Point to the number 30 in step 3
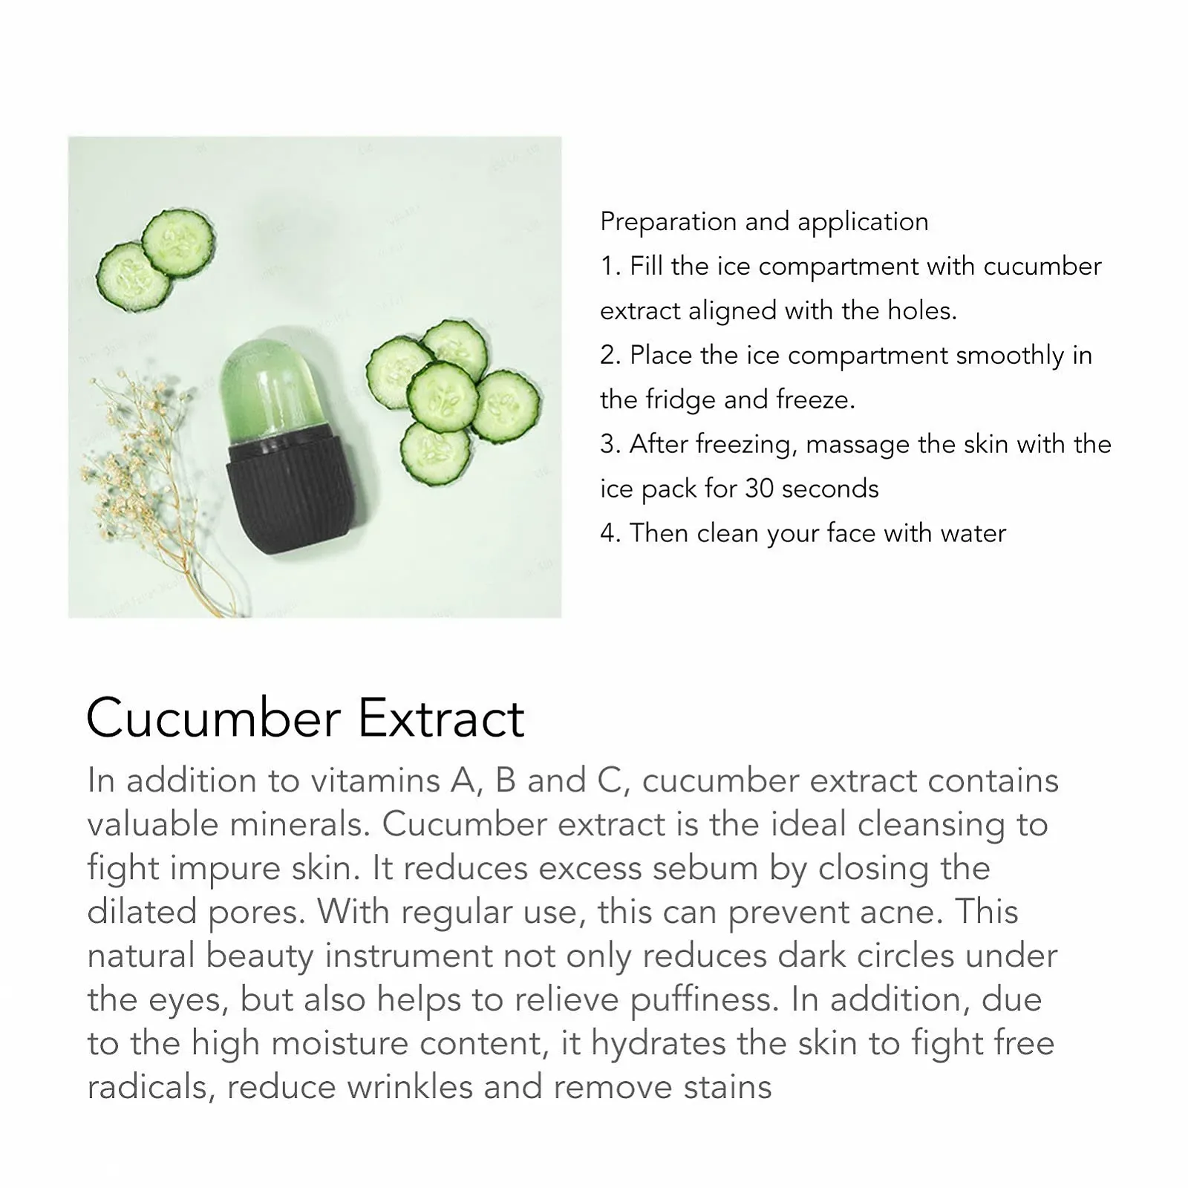pyautogui.click(x=760, y=489)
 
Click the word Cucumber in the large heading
pyautogui.click(x=214, y=718)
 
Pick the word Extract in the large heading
pyautogui.click(x=442, y=718)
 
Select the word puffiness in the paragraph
pyautogui.click(x=705, y=1000)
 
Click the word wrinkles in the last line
pyautogui.click(x=410, y=1087)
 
